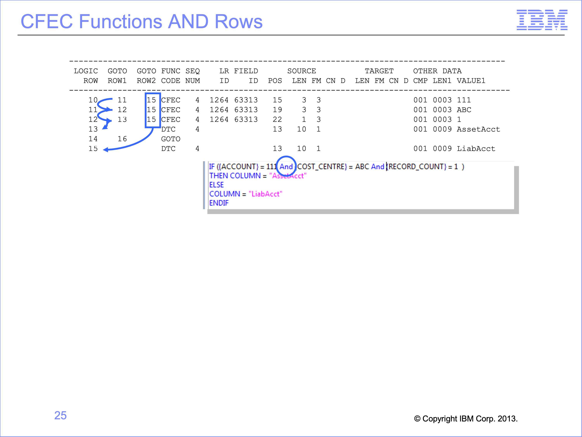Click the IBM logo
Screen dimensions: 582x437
click(542, 20)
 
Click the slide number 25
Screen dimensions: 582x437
click(61, 415)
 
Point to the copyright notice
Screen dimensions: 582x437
click(466, 419)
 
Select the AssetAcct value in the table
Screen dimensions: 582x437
click(478, 129)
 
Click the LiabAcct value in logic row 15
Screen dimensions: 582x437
click(476, 149)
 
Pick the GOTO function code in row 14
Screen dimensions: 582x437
click(171, 139)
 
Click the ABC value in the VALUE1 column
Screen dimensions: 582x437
click(464, 110)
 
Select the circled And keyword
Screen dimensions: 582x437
click(286, 167)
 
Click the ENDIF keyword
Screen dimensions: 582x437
click(219, 203)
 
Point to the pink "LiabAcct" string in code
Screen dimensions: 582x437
click(265, 194)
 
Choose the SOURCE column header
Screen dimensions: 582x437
click(302, 71)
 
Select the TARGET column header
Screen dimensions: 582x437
click(379, 71)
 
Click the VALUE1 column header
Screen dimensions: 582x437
click(471, 81)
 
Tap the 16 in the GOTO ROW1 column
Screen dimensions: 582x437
click(122, 139)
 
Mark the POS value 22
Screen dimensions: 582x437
click(277, 119)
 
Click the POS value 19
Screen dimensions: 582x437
click(277, 110)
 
